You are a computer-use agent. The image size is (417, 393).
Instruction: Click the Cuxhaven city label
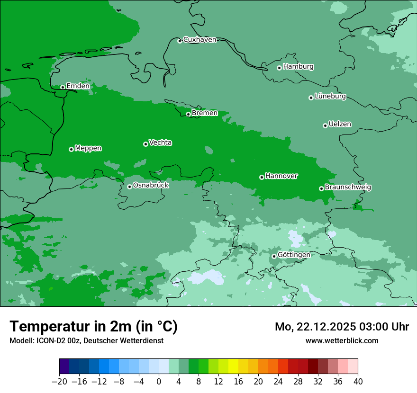click(199, 40)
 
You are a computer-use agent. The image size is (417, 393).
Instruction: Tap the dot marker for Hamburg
click(279, 68)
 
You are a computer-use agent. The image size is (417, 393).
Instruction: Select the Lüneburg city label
click(330, 97)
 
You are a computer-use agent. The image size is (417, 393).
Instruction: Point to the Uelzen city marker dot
click(325, 125)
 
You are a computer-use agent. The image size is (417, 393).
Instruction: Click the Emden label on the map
click(78, 86)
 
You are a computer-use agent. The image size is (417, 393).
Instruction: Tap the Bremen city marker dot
click(188, 114)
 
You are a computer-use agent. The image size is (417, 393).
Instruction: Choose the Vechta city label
click(160, 143)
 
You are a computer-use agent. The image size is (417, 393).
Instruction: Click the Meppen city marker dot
click(71, 149)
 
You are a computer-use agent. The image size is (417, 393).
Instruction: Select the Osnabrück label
click(151, 186)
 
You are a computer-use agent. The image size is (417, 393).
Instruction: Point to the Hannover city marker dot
click(262, 177)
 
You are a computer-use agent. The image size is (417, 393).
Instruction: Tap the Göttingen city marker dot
click(274, 256)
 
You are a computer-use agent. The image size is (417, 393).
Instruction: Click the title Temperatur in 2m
click(93, 327)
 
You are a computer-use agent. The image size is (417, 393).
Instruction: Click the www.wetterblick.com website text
click(342, 340)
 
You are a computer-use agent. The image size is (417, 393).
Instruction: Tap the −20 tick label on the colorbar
click(59, 382)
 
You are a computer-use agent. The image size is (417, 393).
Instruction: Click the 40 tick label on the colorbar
click(358, 382)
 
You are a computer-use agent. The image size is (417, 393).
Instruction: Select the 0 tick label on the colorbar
click(159, 382)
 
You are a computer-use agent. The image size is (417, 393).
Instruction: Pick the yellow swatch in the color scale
click(233, 366)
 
